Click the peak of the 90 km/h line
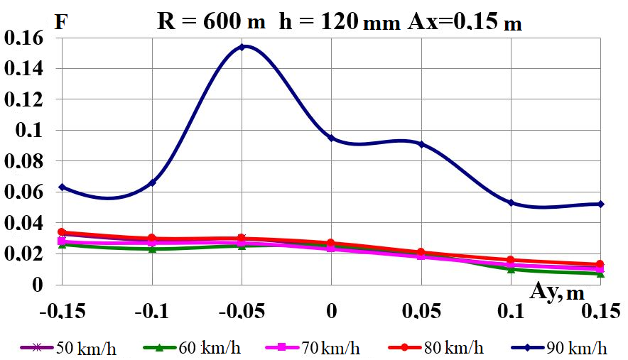(242, 47)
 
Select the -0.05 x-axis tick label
(242, 312)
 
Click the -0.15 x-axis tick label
(63, 312)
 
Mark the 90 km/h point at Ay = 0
(331, 138)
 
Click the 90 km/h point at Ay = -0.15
(63, 187)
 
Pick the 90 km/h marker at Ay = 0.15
(601, 204)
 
